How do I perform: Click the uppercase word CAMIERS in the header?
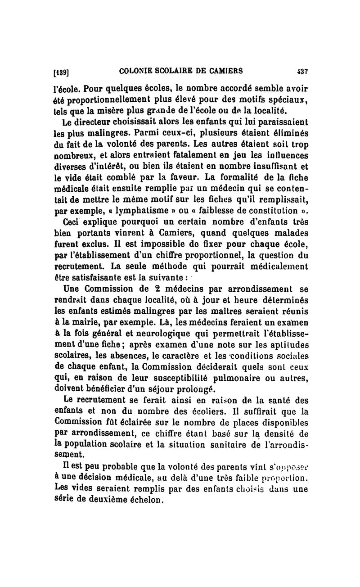225,71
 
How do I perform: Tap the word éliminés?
285,134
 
